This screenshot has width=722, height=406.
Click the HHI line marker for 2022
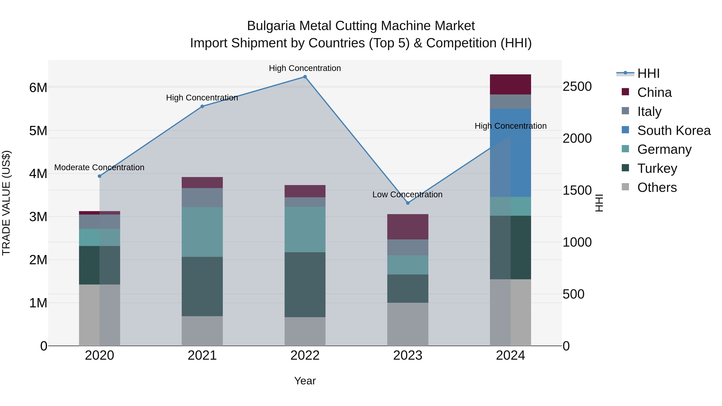[x=305, y=77]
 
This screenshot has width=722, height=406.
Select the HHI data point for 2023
[x=408, y=203]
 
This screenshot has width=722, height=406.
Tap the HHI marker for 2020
[x=99, y=176]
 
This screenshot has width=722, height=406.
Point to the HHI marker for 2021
[x=202, y=106]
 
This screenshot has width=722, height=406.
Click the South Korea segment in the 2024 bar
[x=510, y=153]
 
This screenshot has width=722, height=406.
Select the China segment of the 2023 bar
[x=408, y=227]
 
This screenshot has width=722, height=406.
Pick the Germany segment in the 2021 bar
[x=202, y=232]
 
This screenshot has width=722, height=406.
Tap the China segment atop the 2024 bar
[x=510, y=84]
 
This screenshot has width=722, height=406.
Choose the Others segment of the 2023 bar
[x=408, y=324]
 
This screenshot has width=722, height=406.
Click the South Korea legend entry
[x=674, y=131]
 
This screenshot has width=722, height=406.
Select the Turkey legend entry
[x=657, y=168]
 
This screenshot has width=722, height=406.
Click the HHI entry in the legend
[x=648, y=73]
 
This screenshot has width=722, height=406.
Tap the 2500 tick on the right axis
[x=577, y=87]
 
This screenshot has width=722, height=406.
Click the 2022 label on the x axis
[x=305, y=355]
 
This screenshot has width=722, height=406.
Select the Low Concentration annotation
[x=407, y=194]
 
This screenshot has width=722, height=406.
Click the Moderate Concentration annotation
[x=99, y=168]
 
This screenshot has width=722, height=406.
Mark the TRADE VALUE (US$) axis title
[x=6, y=203]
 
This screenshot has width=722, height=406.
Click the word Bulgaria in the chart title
[x=271, y=26]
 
